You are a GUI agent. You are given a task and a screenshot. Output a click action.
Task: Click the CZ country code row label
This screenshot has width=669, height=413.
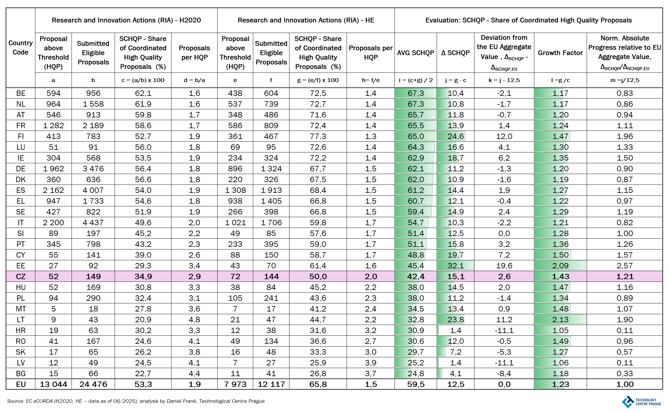pos(20,276)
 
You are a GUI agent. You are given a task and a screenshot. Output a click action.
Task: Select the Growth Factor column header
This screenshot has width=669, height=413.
pos(560,53)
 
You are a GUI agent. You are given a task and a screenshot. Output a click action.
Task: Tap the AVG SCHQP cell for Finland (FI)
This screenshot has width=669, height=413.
pos(415,136)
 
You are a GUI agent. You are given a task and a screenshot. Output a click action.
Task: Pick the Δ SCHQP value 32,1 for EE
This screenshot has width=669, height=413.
pos(455,266)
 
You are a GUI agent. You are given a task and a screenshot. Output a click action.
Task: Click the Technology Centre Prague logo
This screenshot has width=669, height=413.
pos(641,402)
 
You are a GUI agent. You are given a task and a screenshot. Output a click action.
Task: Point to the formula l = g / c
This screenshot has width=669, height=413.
pos(560,80)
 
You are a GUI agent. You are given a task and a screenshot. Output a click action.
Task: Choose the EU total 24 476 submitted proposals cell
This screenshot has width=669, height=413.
pos(93,384)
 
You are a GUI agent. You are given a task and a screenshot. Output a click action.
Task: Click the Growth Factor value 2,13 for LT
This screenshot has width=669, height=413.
pos(560,320)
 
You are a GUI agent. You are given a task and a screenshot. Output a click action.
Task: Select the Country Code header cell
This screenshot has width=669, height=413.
pos(20,47)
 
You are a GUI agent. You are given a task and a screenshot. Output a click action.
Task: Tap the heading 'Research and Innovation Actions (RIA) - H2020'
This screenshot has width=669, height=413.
pos(126,20)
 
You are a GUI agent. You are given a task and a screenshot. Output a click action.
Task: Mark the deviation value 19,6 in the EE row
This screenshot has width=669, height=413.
pos(504,266)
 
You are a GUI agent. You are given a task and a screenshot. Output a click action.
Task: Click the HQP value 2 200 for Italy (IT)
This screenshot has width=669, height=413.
pos(53,223)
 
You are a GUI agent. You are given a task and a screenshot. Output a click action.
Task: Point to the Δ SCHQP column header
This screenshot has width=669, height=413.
pos(455,53)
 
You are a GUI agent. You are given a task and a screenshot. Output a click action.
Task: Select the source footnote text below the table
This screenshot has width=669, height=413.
pos(136,401)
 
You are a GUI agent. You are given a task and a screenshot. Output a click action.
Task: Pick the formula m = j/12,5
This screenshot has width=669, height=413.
pos(624,80)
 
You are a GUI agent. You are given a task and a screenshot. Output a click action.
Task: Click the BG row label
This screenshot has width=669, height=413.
pos(20,373)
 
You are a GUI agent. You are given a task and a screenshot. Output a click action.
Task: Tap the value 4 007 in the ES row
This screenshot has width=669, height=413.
pos(93,190)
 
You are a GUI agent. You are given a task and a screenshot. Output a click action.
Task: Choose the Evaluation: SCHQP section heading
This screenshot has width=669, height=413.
pos(528,20)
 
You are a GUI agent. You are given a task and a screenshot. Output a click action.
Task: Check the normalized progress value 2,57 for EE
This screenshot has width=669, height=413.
pos(624,266)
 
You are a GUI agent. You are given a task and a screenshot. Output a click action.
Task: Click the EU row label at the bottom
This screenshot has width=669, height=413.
pos(20,384)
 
